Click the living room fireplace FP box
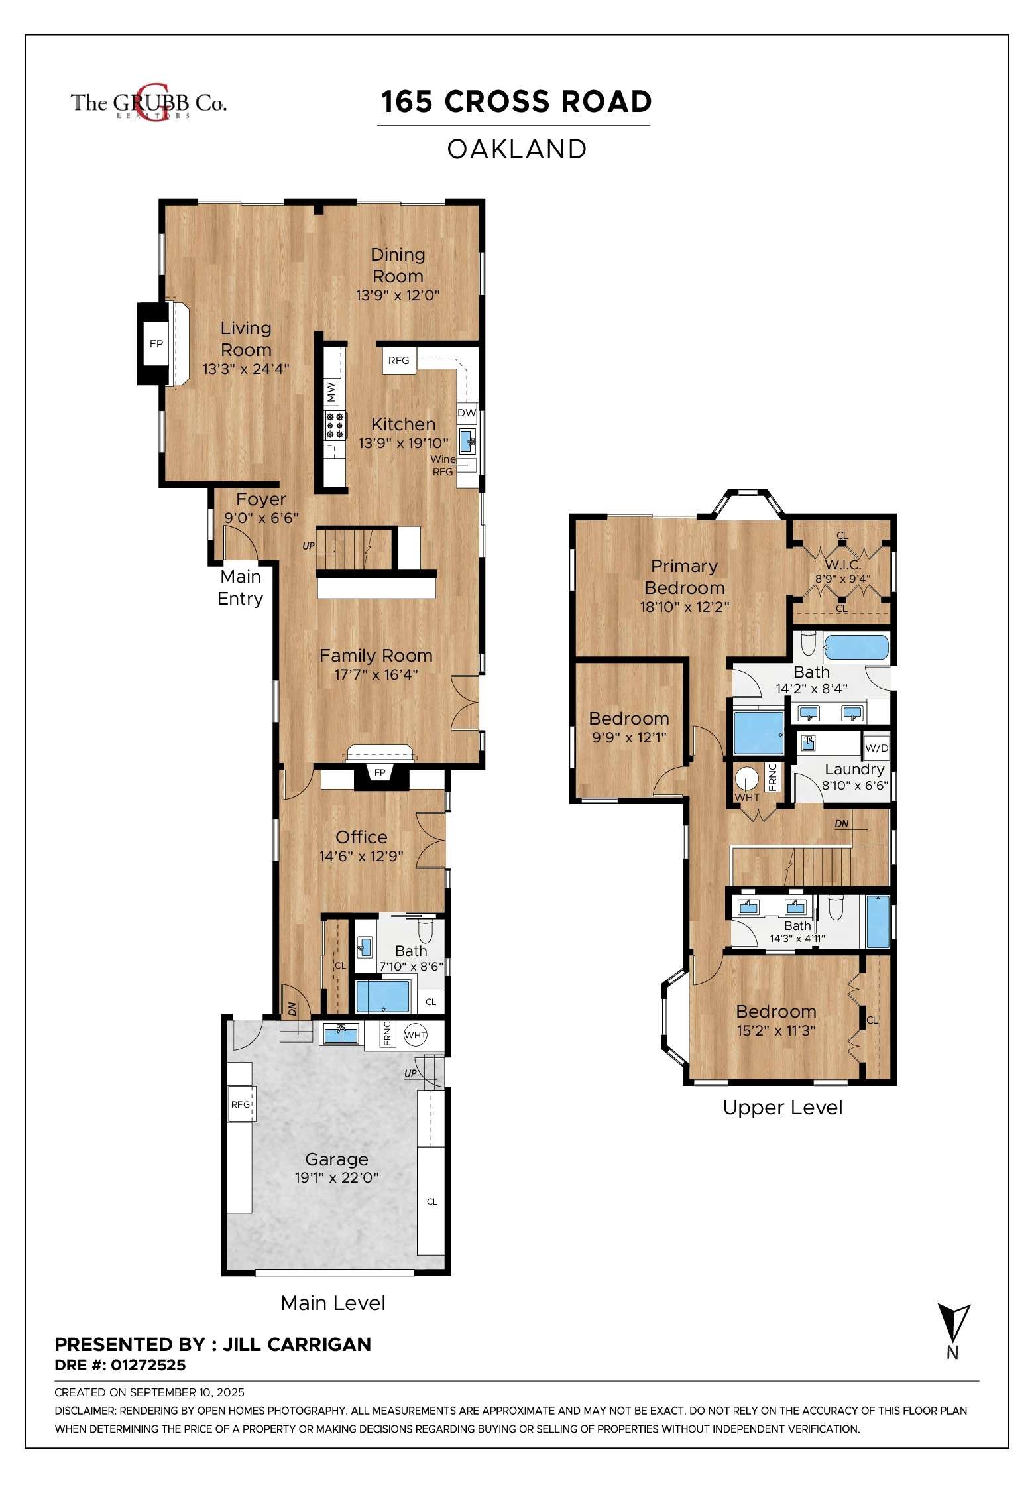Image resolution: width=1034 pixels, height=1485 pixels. point(156,343)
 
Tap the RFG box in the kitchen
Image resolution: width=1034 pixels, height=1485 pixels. point(398,360)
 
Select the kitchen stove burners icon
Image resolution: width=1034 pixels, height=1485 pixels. point(335,425)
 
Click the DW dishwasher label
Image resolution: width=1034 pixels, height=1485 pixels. point(467,412)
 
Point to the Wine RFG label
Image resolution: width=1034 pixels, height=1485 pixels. point(443,465)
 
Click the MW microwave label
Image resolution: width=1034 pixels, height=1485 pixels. point(331,390)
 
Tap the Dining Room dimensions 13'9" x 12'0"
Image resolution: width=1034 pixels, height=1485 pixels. point(398,296)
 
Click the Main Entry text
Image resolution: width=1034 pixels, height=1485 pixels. point(240,587)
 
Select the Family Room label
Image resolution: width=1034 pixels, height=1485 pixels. point(376,656)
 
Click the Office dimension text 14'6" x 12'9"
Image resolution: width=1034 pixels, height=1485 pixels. point(361,856)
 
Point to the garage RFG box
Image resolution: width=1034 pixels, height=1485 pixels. point(241,1104)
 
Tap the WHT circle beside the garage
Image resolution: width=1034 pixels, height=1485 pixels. point(416,1035)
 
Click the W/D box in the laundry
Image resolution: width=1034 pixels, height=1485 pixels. point(876,748)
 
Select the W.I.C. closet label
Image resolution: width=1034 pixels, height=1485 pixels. point(842,565)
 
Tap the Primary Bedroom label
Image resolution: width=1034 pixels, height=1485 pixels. point(684,577)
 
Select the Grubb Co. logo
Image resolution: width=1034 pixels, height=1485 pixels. point(148,103)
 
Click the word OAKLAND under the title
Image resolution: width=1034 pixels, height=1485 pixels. point(517,149)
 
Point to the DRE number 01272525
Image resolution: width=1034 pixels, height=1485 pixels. point(148,1365)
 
